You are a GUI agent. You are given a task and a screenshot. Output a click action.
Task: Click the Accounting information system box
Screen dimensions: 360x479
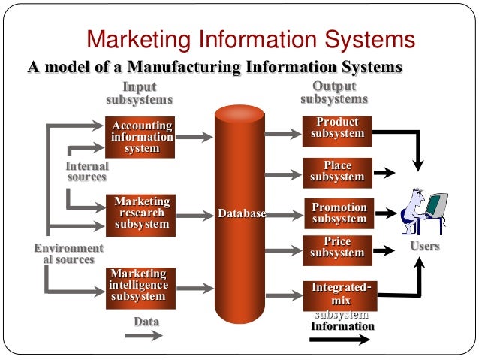point(142,137)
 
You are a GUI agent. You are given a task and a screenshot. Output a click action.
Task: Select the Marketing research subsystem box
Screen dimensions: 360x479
point(142,213)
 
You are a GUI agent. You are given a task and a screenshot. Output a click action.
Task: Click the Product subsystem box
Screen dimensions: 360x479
point(337,128)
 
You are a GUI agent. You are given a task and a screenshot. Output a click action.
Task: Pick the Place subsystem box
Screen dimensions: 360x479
point(337,171)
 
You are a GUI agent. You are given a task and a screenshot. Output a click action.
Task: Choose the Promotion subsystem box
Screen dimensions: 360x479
point(339,213)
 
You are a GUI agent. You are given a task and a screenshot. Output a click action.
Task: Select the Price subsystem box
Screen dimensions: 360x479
point(337,247)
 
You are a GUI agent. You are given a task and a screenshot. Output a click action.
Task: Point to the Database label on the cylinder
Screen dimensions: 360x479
point(242,214)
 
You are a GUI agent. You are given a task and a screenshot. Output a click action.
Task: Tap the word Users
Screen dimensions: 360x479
point(425,246)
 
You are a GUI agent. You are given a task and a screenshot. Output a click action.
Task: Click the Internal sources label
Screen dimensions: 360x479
point(87,171)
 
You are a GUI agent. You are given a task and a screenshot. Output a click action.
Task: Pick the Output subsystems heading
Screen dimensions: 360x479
point(334,92)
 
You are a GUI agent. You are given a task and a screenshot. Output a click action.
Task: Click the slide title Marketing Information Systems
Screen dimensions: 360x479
point(252,40)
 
